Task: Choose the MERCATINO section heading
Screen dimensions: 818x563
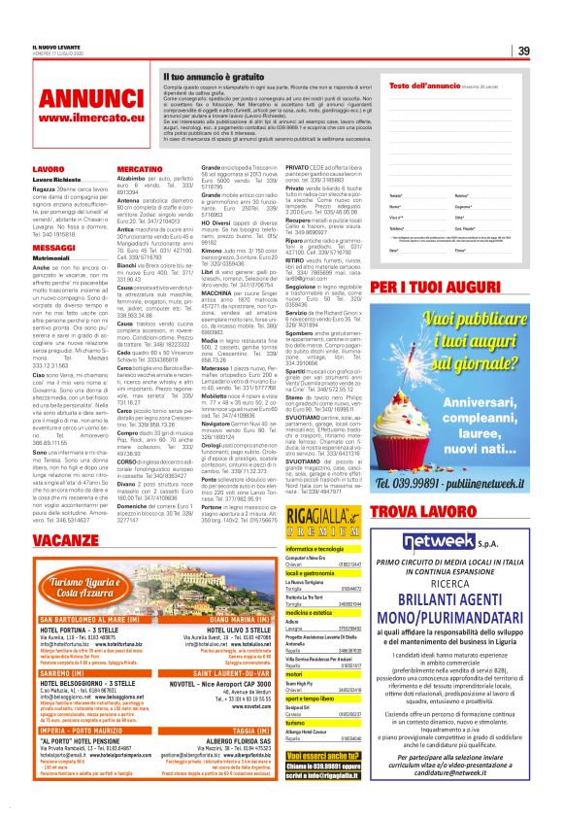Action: (x=139, y=169)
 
